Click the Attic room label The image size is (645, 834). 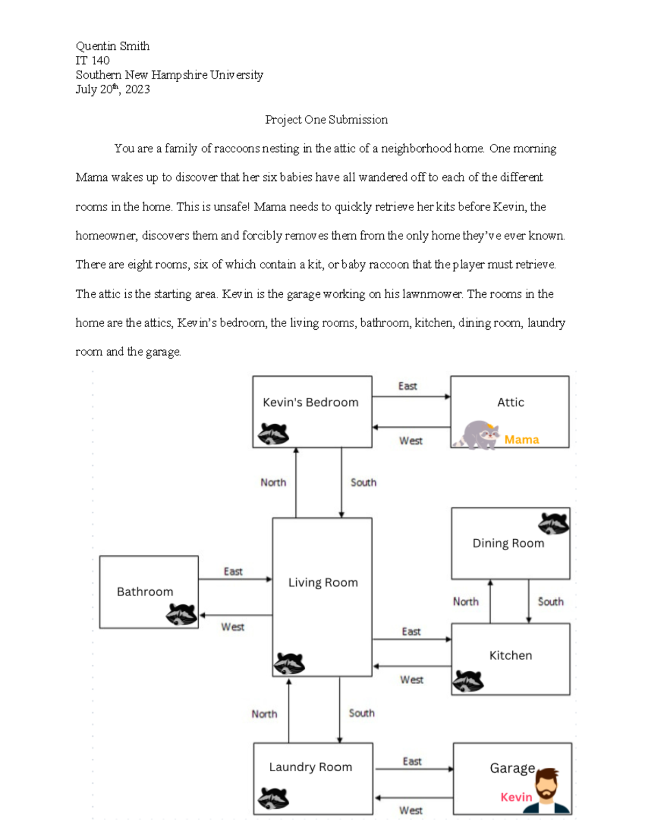point(510,402)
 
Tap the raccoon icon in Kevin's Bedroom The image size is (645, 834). point(273,433)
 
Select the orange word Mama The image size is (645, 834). point(521,440)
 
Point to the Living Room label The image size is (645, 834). point(322,583)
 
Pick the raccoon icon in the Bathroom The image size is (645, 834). point(181,614)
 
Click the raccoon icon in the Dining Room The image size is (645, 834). point(554,523)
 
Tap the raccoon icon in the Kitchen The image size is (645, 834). point(468,681)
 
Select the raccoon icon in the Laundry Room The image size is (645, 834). point(273,798)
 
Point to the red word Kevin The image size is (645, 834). point(516,797)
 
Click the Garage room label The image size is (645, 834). point(512,768)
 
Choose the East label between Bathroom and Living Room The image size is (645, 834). point(233,571)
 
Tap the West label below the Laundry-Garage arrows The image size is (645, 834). point(411,810)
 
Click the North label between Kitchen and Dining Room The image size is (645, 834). point(465,601)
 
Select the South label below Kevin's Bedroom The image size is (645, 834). point(363,482)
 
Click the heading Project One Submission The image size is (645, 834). point(326,120)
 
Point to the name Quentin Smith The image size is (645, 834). point(112,46)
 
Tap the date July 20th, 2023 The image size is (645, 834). point(112,90)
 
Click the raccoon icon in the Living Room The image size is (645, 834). point(289,664)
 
